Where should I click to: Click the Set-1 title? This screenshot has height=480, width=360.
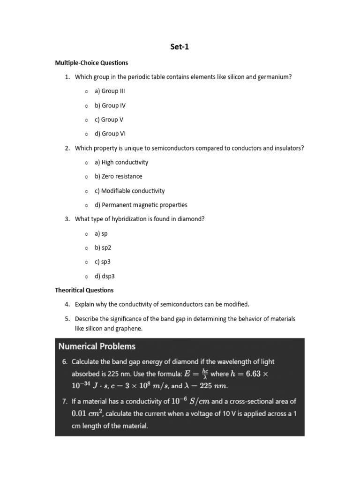coord(180,47)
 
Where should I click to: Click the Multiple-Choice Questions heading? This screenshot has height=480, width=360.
coord(91,63)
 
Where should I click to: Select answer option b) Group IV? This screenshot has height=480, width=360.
coord(110,105)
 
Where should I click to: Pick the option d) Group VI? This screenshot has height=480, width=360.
coord(110,134)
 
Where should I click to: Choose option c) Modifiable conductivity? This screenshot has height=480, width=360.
coord(129,191)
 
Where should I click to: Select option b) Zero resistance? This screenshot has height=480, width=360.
coord(118,176)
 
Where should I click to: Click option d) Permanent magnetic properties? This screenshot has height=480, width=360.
coord(141,205)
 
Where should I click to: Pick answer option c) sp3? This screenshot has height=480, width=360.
coord(103,262)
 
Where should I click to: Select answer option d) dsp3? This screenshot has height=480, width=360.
coord(105,276)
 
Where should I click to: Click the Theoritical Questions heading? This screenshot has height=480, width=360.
coord(84,290)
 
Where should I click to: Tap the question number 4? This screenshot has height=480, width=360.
coord(67,305)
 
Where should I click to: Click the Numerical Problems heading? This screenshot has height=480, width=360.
coord(97,346)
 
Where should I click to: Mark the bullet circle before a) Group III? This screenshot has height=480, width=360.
coord(87,91)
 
